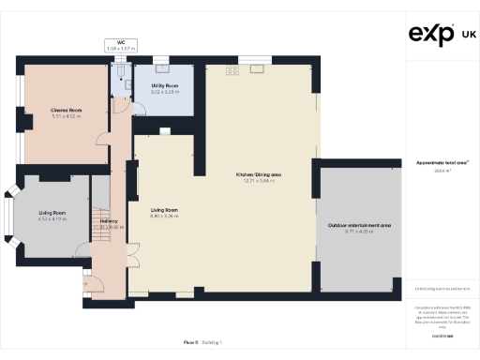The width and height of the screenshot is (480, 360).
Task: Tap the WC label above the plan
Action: (122, 40)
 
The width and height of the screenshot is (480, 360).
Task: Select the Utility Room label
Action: (164, 85)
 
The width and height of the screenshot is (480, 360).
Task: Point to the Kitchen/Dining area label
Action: (259, 174)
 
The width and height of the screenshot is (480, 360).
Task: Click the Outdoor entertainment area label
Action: (359, 226)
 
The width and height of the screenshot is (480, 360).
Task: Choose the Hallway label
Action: (109, 221)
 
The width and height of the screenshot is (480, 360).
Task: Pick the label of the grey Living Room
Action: (52, 213)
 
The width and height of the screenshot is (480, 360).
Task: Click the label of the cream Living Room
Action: (164, 210)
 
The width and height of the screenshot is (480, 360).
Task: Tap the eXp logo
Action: (432, 35)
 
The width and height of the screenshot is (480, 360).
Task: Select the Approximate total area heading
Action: (442, 162)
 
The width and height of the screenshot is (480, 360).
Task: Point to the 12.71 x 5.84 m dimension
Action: (259, 180)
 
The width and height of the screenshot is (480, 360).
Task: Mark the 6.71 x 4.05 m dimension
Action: (359, 232)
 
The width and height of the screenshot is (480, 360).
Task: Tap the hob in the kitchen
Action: (229, 68)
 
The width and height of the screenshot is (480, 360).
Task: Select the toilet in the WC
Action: (120, 67)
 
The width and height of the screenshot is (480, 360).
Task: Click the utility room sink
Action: (162, 67)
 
